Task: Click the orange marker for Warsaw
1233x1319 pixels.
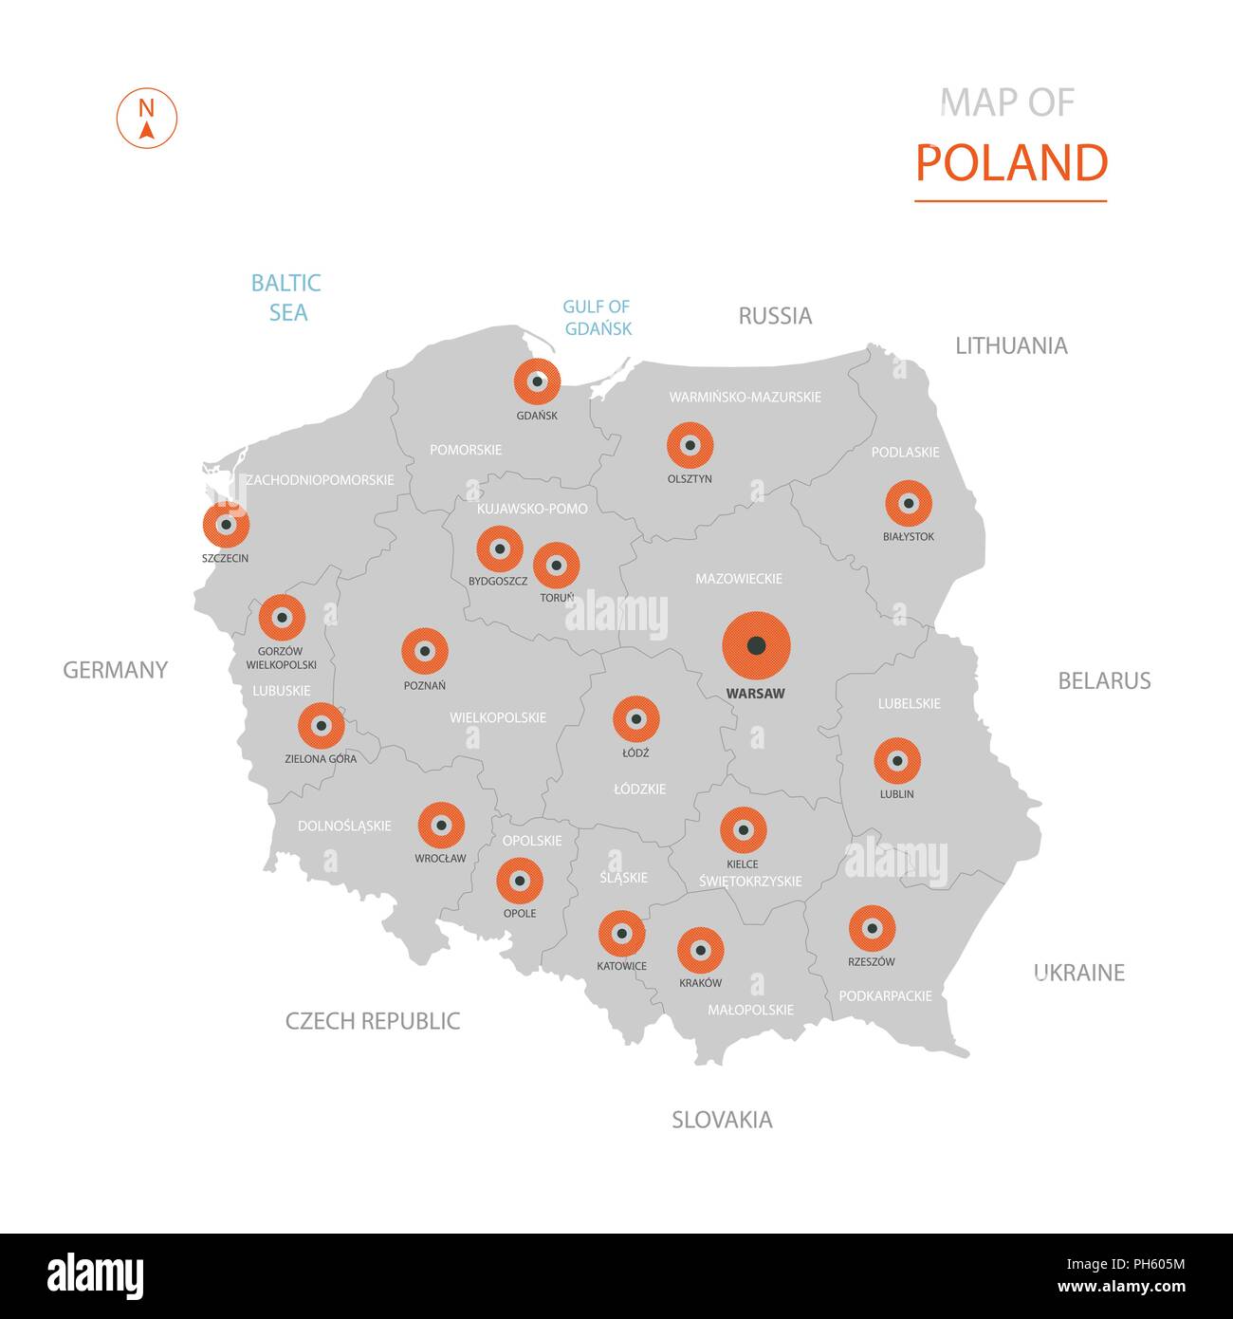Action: (x=756, y=645)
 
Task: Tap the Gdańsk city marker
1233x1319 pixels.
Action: (x=537, y=382)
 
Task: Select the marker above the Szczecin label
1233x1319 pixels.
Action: (x=226, y=524)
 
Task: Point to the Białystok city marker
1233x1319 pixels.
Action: (x=909, y=503)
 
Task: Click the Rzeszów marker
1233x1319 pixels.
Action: (x=872, y=928)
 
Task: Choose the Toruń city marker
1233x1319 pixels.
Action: (x=557, y=566)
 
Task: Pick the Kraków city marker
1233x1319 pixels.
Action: (x=701, y=950)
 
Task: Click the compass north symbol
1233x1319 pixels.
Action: (x=147, y=118)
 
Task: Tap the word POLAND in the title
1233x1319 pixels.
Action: (x=1011, y=163)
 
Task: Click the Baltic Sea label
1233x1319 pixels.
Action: (x=286, y=297)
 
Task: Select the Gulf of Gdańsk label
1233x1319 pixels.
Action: (x=598, y=318)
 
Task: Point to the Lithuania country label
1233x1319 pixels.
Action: (x=1011, y=345)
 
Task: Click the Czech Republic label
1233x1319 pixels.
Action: (x=373, y=1021)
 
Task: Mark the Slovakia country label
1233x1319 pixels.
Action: (x=722, y=1120)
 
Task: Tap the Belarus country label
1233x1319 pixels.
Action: (x=1104, y=680)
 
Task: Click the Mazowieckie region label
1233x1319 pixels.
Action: (x=739, y=579)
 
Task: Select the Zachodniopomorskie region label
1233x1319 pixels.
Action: (x=320, y=480)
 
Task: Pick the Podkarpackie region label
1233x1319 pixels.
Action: (x=885, y=995)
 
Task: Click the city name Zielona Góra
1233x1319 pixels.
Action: (x=321, y=759)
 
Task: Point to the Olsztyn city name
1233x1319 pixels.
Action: (x=690, y=479)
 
